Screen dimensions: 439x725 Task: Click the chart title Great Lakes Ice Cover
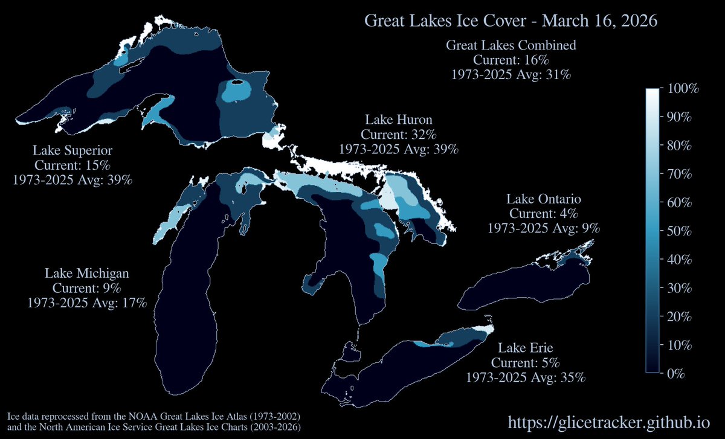pyautogui.click(x=511, y=21)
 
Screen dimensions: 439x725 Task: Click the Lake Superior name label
pyautogui.click(x=72, y=150)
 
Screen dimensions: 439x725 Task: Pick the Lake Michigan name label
pyautogui.click(x=86, y=273)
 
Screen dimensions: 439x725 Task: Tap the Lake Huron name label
pyautogui.click(x=398, y=119)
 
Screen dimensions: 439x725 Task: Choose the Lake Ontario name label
pyautogui.click(x=543, y=199)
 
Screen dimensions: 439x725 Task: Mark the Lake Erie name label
pyautogui.click(x=525, y=348)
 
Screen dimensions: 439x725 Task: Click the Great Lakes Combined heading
pyautogui.click(x=511, y=45)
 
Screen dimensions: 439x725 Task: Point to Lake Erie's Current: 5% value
pyautogui.click(x=525, y=363)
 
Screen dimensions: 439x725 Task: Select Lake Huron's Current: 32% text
pyautogui.click(x=398, y=133)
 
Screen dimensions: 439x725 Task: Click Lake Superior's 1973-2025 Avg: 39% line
pyautogui.click(x=72, y=180)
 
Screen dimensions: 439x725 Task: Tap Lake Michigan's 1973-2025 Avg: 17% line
pyautogui.click(x=86, y=303)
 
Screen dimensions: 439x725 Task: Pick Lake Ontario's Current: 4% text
pyautogui.click(x=543, y=213)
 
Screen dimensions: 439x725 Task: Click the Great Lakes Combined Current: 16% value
pyautogui.click(x=511, y=60)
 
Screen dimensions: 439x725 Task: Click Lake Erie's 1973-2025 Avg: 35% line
pyautogui.click(x=525, y=377)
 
